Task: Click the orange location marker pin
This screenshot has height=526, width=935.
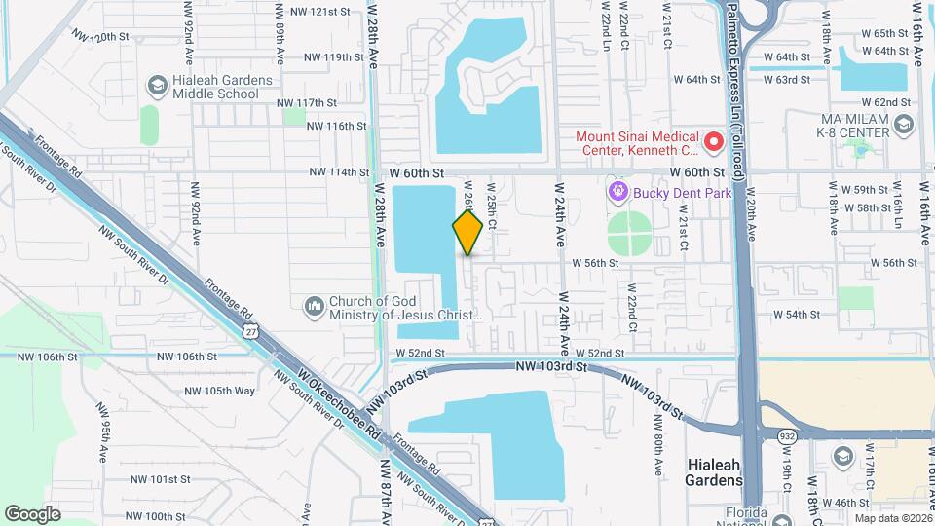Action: point(468,232)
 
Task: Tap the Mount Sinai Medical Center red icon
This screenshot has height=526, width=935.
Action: point(714,142)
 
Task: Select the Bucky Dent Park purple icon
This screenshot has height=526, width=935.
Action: point(617,192)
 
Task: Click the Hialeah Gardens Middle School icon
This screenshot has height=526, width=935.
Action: point(156,86)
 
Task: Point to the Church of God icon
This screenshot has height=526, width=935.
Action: point(314,307)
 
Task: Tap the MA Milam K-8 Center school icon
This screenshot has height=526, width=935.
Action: point(904,124)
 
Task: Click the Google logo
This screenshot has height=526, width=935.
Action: point(32,513)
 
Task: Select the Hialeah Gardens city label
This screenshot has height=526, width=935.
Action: point(715,472)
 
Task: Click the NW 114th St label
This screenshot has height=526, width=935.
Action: point(342,172)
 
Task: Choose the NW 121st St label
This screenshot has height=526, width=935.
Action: point(313,12)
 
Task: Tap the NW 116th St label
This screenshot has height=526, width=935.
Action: point(336,126)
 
